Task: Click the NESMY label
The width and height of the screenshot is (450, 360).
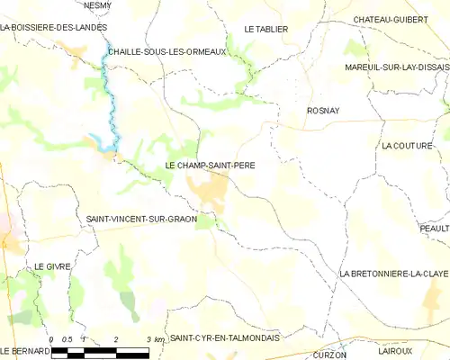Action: (97, 4)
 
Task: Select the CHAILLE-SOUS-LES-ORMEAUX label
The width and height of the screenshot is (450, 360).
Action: (164, 52)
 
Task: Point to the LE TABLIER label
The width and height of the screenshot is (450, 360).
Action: (265, 29)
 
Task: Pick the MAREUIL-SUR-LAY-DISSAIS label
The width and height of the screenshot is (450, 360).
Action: (396, 67)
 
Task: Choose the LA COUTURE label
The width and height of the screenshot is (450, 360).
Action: (407, 145)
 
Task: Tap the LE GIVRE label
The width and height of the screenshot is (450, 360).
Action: (52, 267)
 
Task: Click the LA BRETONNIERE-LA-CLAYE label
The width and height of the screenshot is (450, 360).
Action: (393, 273)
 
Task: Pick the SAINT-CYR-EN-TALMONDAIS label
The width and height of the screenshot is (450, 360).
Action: (225, 337)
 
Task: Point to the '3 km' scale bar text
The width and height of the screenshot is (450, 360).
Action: (155, 338)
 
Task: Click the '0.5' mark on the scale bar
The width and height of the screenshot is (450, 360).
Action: (67, 338)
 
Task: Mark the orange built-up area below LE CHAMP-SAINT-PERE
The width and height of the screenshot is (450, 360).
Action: (209, 188)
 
